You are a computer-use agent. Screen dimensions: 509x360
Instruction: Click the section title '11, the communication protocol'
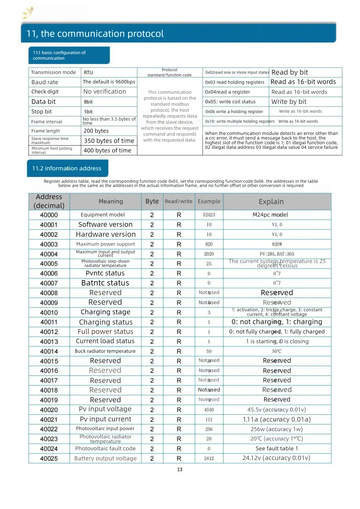95,34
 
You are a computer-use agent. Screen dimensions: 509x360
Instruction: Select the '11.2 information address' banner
67,168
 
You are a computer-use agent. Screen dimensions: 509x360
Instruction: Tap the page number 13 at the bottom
180,469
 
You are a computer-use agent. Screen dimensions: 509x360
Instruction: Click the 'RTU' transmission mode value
88,72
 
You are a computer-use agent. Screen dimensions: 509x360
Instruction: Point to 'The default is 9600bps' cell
109,82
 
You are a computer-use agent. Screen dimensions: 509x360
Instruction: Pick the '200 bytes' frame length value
96,131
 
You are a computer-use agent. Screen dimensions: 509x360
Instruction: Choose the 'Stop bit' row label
41,112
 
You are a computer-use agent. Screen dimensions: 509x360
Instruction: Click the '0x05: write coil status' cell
230,102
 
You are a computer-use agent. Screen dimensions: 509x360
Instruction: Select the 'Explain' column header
271,202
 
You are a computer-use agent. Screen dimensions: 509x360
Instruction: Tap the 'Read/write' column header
179,201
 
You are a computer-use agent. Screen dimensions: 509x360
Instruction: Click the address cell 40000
49,215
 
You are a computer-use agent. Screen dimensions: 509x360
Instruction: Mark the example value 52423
209,215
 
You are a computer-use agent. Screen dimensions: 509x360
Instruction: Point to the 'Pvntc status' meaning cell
105,273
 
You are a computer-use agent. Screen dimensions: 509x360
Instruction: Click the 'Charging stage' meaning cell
106,312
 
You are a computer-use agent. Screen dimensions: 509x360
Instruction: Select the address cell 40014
49,351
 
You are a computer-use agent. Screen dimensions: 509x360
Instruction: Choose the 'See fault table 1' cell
277,449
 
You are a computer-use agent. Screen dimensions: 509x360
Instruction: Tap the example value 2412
209,458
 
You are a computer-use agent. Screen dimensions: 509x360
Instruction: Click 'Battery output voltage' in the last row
106,458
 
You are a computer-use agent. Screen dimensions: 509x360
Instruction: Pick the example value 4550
209,410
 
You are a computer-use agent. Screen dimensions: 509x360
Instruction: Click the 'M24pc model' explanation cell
270,215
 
